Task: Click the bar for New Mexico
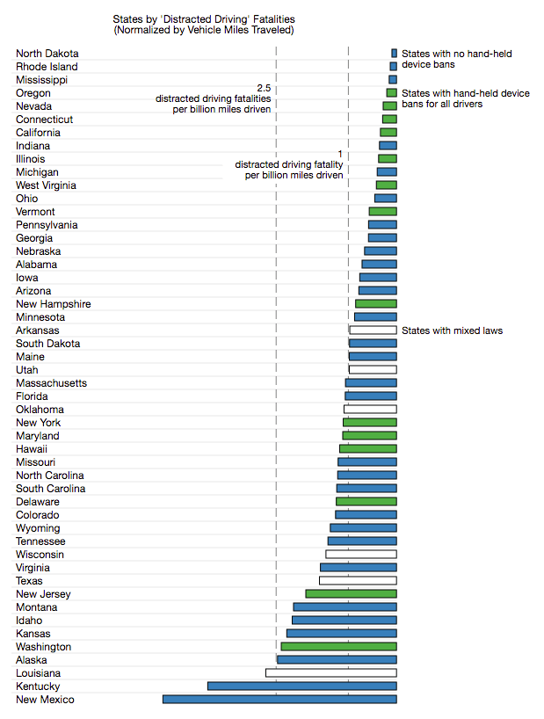279,700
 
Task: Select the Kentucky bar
301,686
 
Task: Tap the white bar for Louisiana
330,673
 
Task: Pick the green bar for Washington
338,647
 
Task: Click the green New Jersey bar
351,594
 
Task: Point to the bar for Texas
358,581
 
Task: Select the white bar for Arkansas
373,330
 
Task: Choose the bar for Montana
345,607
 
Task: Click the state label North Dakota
47,54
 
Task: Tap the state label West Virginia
46,185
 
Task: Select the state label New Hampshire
53,304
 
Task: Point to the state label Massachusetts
51,383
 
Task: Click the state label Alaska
32,660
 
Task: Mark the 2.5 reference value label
264,88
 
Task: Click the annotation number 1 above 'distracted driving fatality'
340,154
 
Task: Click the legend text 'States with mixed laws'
452,330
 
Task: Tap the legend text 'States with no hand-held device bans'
456,60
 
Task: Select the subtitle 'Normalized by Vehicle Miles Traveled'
204,30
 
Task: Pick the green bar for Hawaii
368,449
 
